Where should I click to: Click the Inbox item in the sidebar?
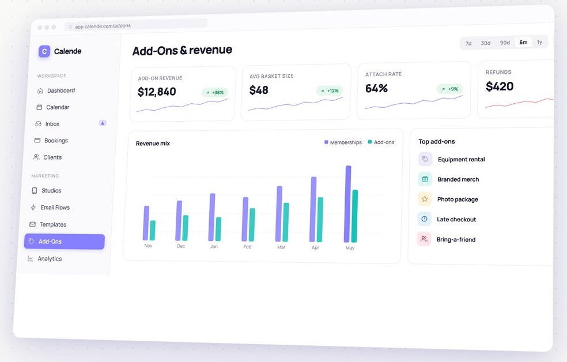(x=52, y=124)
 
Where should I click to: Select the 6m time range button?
(x=523, y=42)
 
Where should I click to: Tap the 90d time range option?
(x=505, y=43)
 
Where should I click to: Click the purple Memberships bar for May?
(x=348, y=204)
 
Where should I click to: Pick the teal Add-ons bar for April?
(x=320, y=220)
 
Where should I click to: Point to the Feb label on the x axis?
(x=247, y=247)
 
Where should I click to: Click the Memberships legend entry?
(x=343, y=142)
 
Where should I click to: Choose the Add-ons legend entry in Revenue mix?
(x=381, y=142)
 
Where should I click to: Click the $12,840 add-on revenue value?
(x=157, y=92)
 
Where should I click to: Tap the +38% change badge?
(x=215, y=92)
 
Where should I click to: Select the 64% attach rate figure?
(x=376, y=88)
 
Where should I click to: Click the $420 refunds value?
(x=500, y=86)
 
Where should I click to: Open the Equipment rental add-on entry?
(x=461, y=160)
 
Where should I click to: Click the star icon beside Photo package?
(x=425, y=199)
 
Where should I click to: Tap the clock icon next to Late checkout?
(x=424, y=219)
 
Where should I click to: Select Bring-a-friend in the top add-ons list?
(x=456, y=239)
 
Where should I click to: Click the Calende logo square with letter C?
(x=44, y=51)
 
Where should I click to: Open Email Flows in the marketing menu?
(x=55, y=207)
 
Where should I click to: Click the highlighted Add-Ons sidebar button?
(x=65, y=242)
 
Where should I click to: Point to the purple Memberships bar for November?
(x=146, y=223)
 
